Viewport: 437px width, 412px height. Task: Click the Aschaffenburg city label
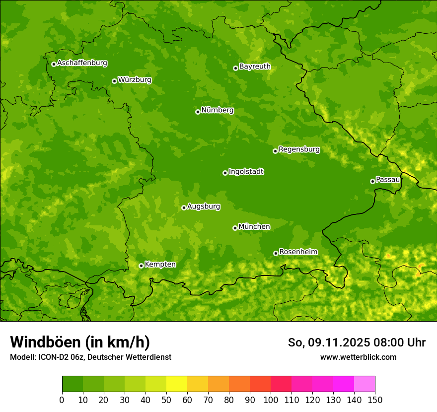tap(82, 63)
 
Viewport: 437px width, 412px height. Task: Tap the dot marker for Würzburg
tap(114, 81)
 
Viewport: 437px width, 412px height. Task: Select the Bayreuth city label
tap(255, 67)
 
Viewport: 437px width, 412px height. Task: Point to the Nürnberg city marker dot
tap(198, 112)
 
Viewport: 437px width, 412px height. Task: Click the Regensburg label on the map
tap(299, 149)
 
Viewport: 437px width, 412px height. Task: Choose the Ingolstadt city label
tap(246, 172)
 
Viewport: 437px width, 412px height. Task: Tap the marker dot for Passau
tap(372, 181)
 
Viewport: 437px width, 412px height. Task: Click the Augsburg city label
tap(204, 206)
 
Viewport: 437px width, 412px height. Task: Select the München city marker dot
tap(235, 228)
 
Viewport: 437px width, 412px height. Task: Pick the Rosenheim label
tap(298, 252)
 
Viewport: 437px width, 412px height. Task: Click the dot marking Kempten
tap(141, 266)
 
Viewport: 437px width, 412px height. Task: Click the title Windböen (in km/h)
tap(80, 342)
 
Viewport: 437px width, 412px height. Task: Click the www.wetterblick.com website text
tap(358, 357)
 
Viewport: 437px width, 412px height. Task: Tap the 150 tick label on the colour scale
tap(375, 400)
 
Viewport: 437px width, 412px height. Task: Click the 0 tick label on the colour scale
tap(62, 400)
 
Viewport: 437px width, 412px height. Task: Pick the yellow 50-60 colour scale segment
tap(177, 384)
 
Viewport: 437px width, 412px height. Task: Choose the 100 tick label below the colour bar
tap(271, 400)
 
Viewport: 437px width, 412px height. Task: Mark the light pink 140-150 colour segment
tap(364, 384)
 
